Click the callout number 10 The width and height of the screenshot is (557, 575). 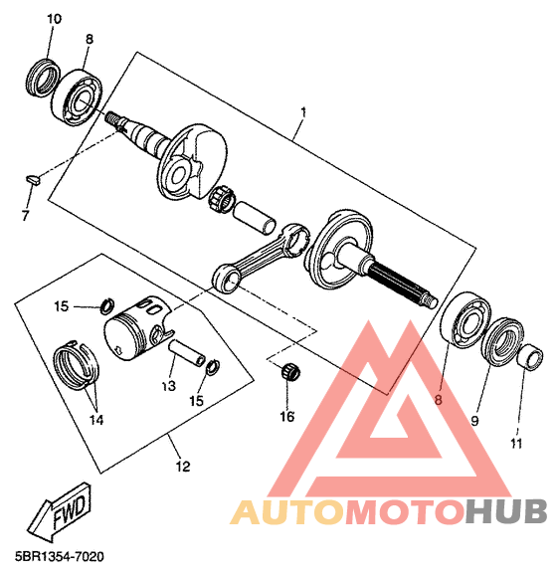coord(54,19)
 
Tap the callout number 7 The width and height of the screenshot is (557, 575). coord(25,216)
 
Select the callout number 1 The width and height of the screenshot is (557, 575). coord(303,112)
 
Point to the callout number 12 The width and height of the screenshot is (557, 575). coord(183,467)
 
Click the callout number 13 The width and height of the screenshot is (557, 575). coord(169,386)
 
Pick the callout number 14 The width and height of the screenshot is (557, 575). coord(96,420)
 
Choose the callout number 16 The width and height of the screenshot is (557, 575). coord(287,417)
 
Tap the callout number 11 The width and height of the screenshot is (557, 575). coord(516,444)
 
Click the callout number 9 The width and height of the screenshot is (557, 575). coord(474,421)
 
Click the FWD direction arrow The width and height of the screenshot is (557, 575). coord(59,512)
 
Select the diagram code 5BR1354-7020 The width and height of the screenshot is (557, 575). coord(60,557)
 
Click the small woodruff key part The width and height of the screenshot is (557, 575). coord(34,180)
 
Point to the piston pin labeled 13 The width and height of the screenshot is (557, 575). coord(187,353)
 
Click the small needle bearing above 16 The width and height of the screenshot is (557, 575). coord(290,372)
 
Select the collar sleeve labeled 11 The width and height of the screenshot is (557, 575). coord(530,357)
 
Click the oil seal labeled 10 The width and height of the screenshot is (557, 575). coord(44,77)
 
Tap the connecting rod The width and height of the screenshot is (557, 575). coord(261,258)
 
